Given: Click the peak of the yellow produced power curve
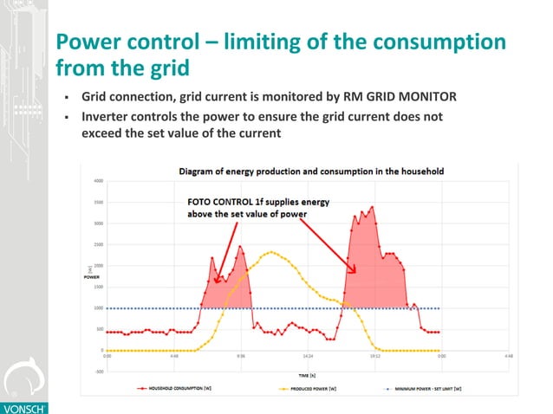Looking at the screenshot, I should (x=272, y=252).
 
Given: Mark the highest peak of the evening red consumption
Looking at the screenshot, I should (x=372, y=207).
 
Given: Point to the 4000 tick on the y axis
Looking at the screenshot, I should (x=99, y=181).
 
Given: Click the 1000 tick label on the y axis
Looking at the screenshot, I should (x=99, y=308).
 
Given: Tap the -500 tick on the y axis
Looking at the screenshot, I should (x=98, y=372).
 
